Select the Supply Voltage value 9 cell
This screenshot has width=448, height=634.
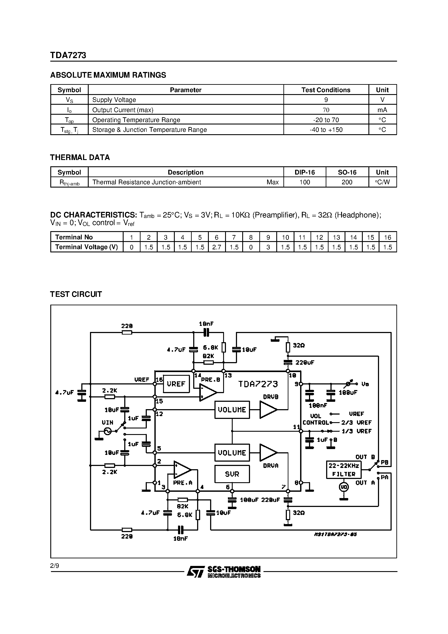(326, 100)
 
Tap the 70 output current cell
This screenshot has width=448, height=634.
(326, 110)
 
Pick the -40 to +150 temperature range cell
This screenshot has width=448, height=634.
(326, 130)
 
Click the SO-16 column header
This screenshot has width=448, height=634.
(347, 172)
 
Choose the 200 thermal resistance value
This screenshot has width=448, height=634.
(347, 182)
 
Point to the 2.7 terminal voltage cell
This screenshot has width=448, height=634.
(217, 247)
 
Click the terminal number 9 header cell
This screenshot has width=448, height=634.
(268, 237)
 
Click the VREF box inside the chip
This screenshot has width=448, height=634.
(176, 384)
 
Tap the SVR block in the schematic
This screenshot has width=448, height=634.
(232, 474)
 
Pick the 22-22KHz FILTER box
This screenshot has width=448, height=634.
(344, 470)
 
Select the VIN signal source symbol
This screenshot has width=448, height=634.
(107, 431)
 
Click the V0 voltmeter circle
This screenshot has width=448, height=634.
(344, 487)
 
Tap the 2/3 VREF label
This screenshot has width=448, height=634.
(356, 422)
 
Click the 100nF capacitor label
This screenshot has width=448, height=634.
(318, 405)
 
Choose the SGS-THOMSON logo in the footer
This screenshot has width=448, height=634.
(224, 572)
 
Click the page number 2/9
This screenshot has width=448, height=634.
(55, 566)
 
